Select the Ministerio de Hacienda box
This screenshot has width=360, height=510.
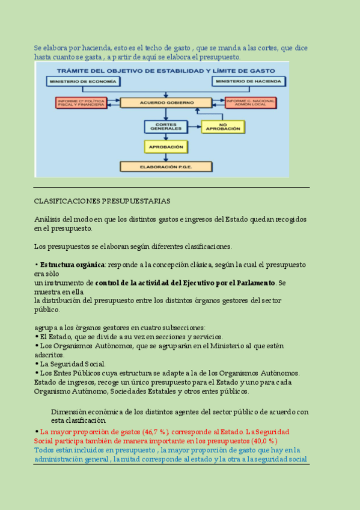coord(245,81)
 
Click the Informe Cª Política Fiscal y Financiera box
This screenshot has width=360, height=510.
coord(80,103)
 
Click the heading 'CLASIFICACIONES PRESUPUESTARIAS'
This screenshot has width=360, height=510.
coord(102,201)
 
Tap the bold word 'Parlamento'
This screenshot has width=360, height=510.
coord(254,283)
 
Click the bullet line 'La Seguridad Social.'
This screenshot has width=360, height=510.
coord(73,364)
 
